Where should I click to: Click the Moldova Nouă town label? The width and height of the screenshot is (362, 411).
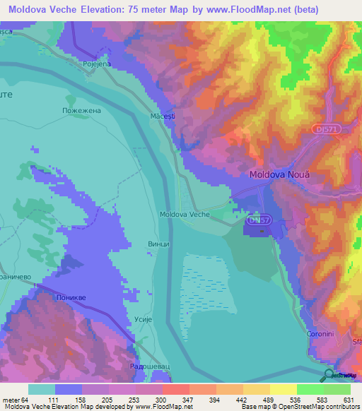pos(280,174)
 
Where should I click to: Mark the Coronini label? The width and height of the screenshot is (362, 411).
pos(320,333)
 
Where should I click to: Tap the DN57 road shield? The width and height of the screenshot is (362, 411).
pos(259,220)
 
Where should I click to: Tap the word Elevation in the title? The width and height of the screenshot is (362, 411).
pos(112,10)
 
